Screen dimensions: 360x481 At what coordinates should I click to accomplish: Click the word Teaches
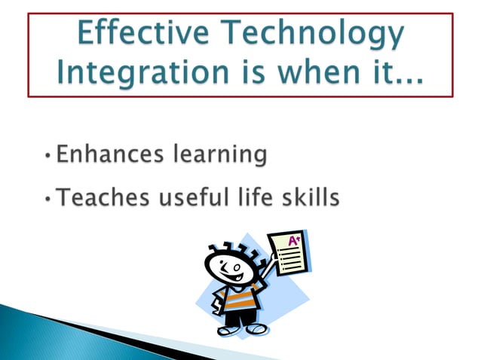point(103,199)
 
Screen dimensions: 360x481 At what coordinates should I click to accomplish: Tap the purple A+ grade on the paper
point(294,240)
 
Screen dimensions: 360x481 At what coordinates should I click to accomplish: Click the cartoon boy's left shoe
point(257,329)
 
